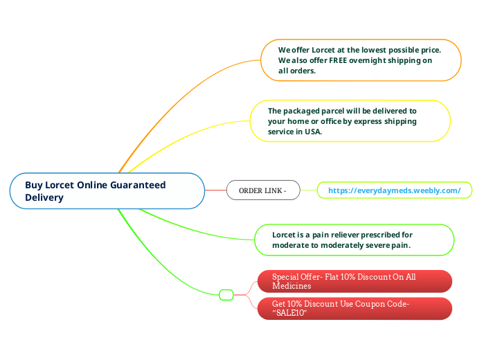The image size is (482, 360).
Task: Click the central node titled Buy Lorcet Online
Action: [107, 190]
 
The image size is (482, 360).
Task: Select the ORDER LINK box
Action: [262, 190]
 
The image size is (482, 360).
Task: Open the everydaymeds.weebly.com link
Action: [394, 190]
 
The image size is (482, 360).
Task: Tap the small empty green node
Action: [226, 295]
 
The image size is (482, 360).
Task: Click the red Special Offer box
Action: [355, 281]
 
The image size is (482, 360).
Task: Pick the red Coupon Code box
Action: [355, 309]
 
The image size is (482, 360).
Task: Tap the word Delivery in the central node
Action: [44, 197]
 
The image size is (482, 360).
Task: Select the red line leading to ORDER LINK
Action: [215, 190]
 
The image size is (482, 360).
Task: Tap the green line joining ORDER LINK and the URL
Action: [308, 190]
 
